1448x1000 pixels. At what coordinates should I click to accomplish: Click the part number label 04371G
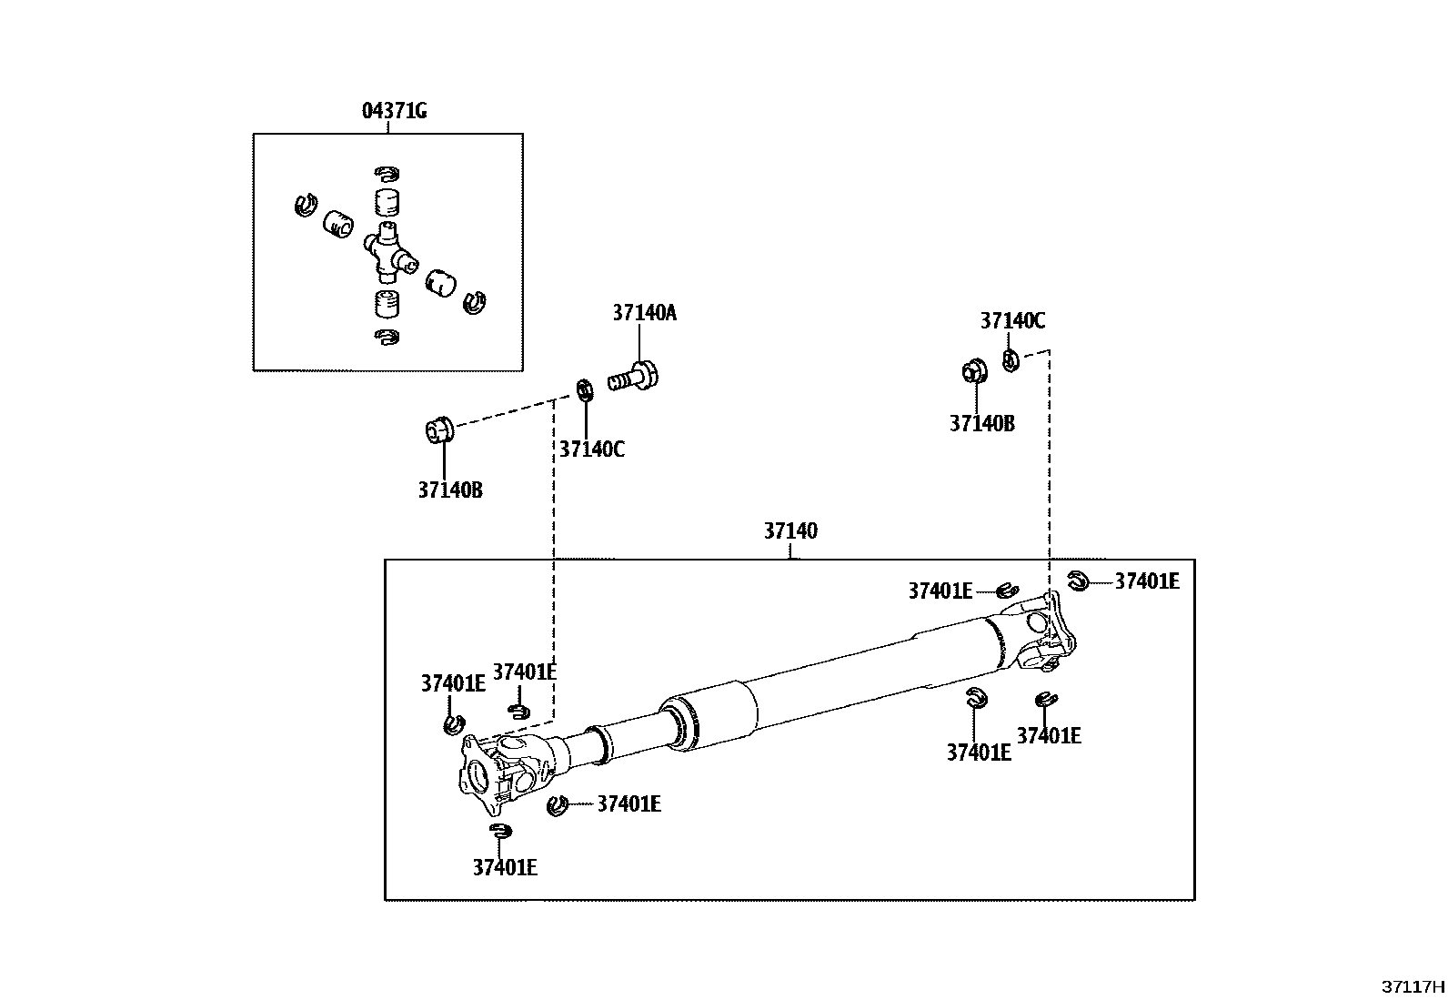click(395, 111)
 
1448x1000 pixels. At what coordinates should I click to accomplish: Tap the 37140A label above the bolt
click(645, 313)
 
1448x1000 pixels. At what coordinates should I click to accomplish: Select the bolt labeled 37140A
click(633, 377)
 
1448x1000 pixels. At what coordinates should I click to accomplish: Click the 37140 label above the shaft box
click(790, 531)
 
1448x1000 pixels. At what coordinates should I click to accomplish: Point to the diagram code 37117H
click(1413, 987)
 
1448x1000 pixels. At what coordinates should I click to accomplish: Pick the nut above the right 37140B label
click(974, 370)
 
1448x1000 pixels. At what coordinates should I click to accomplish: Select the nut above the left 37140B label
click(439, 430)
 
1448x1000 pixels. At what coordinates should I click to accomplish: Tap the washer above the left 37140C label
click(585, 390)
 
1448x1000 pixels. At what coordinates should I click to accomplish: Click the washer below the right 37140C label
click(1011, 360)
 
